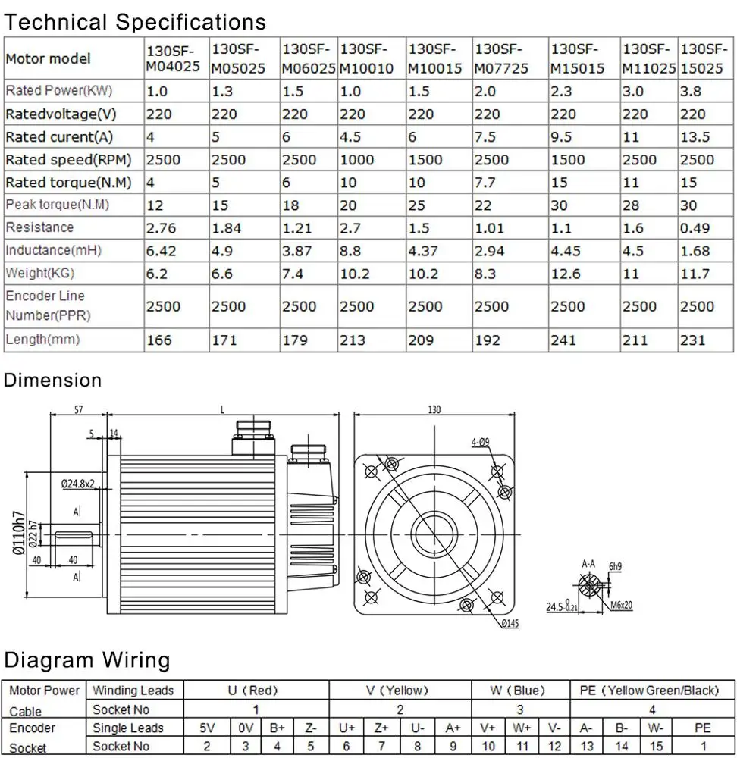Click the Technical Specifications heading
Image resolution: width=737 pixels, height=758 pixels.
coord(135,22)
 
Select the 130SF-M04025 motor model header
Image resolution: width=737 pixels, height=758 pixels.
coord(172,58)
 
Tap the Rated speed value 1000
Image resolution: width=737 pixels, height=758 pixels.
coord(356,160)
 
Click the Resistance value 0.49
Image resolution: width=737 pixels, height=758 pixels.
coord(694,228)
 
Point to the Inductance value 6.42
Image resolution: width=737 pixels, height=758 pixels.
coord(160,251)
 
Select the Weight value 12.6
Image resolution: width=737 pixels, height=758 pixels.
coord(565,274)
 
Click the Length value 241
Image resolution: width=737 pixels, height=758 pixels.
coord(563,340)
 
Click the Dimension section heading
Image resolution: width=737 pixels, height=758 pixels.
coord(52,381)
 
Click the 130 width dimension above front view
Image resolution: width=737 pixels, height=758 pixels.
coord(434,410)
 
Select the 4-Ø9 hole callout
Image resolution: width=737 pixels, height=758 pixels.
coord(481,441)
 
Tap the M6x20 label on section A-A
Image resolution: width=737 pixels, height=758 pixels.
coord(620,606)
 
